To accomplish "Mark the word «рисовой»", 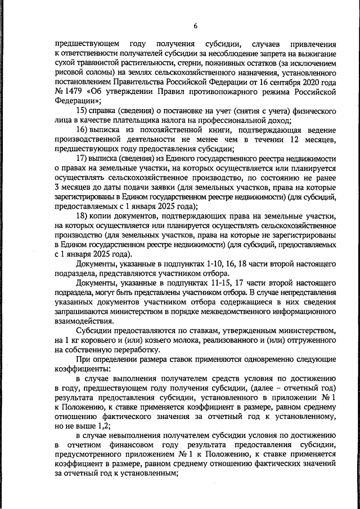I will coord(70,72).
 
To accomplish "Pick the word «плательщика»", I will coord(139,120).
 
